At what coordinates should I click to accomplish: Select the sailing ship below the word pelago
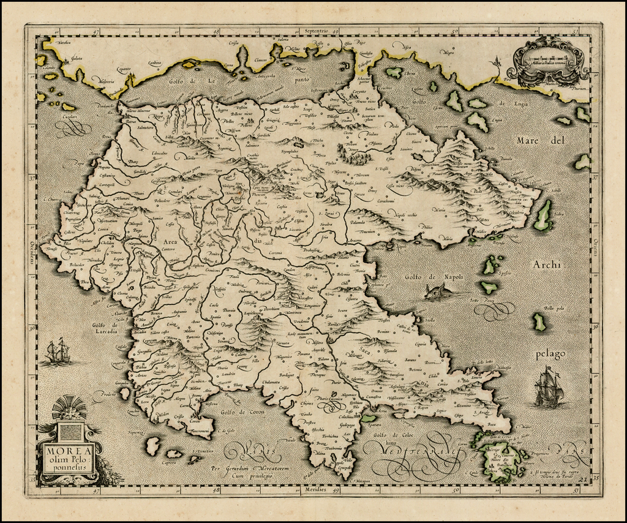pos(547,388)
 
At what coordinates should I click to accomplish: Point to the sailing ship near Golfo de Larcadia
pos(57,351)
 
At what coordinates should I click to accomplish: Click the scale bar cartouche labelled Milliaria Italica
pos(547,61)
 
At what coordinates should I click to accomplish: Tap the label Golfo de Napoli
pos(434,277)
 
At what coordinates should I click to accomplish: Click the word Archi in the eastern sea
pos(547,265)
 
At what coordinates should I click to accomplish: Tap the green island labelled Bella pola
pos(538,322)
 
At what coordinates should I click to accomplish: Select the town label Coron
pos(195,421)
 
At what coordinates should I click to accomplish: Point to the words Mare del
pos(535,141)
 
